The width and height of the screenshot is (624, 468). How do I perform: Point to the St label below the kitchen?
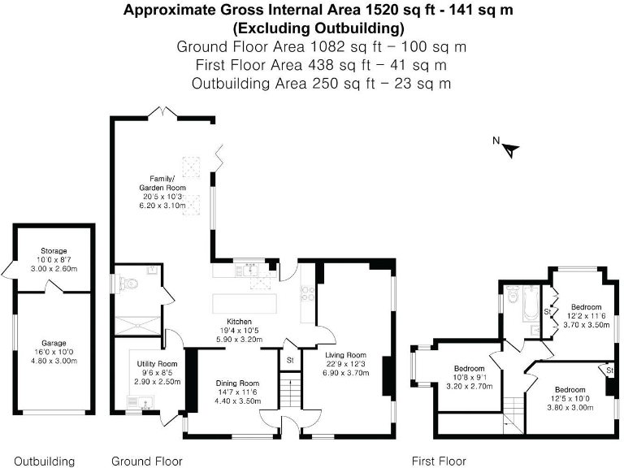coord(290,359)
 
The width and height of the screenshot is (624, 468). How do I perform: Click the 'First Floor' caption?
coord(440,461)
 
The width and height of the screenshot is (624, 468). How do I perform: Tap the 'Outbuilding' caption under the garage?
coord(44,461)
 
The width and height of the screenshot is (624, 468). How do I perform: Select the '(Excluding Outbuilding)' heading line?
coord(318,28)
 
